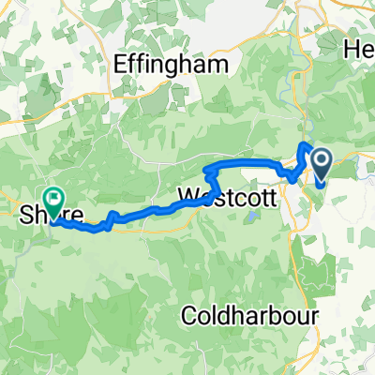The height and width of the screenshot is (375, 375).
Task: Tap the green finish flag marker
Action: pos(54,199)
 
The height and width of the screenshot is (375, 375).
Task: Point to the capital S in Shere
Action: pos(25,215)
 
